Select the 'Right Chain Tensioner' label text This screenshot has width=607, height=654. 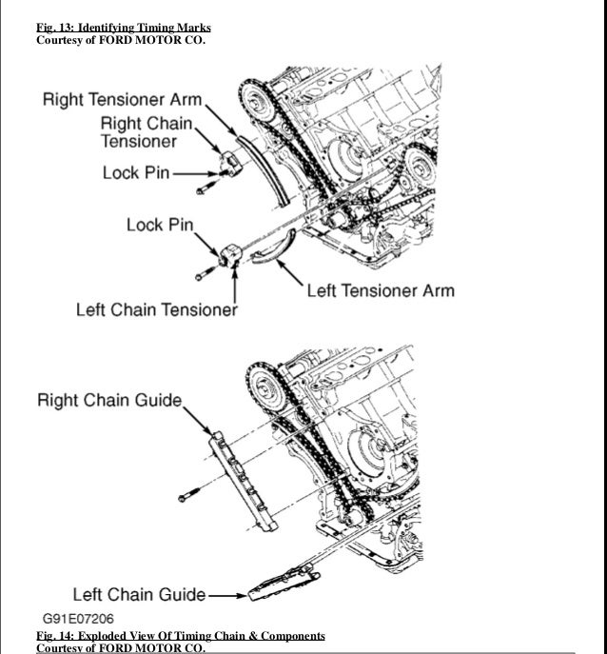(x=147, y=132)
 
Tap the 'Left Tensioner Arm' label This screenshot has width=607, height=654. (x=380, y=290)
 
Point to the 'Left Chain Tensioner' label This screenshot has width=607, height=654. (x=156, y=310)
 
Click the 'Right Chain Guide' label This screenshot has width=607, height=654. (x=108, y=399)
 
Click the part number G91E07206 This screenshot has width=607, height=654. (x=84, y=618)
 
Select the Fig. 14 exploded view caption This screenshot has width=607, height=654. (x=180, y=635)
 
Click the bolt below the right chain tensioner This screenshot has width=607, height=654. (x=202, y=191)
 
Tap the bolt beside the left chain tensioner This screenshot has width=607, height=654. (x=203, y=275)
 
